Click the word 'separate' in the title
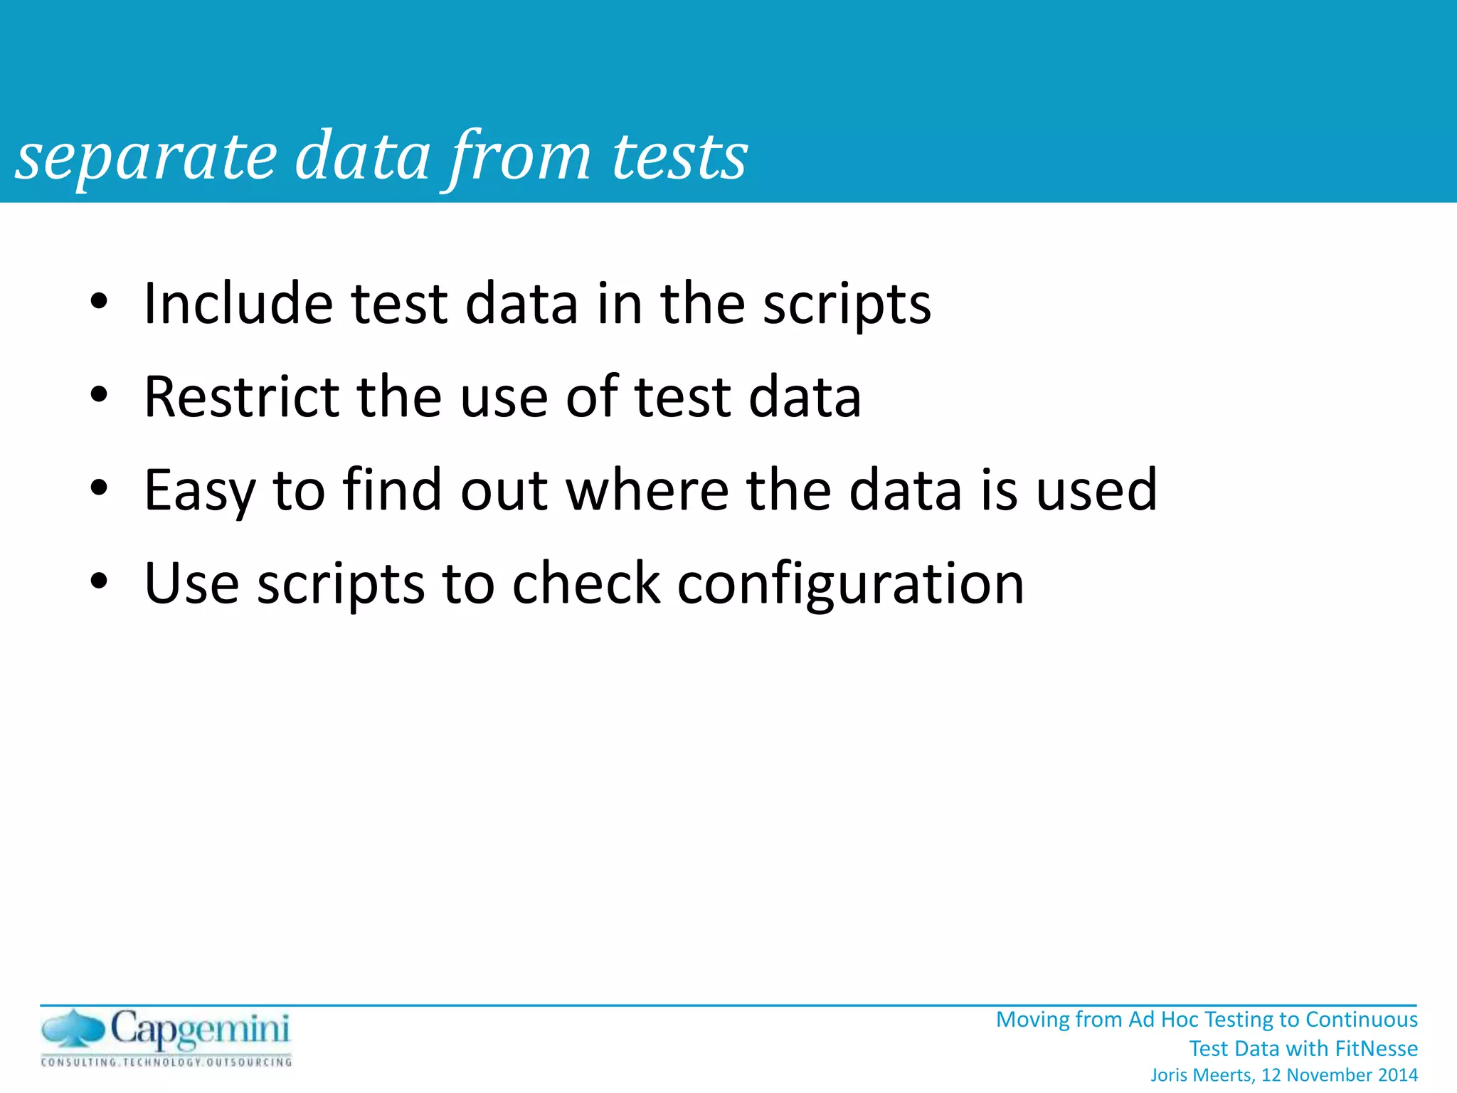click(146, 158)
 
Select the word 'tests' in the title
click(679, 158)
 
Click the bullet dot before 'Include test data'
click(99, 302)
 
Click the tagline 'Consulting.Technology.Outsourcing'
click(166, 1062)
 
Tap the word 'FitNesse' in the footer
click(1376, 1049)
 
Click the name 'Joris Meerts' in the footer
click(1201, 1075)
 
